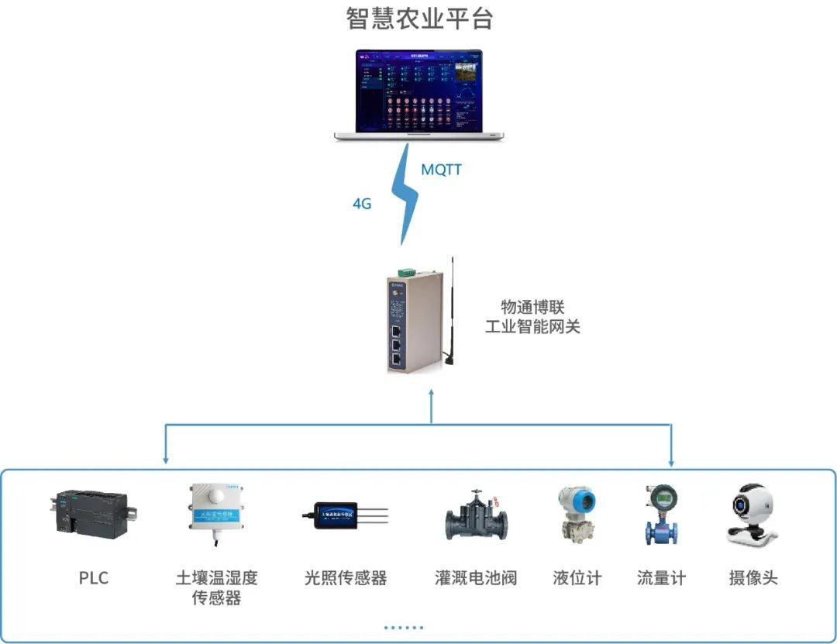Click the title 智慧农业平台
pos(419,18)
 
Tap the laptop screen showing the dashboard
pos(418,91)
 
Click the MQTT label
pos(441,169)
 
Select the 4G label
pos(362,204)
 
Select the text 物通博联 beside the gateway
pos(532,307)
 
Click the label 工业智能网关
pos(532,326)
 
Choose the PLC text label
pos(93,578)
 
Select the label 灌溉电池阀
pos(476,578)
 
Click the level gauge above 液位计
pos(577,512)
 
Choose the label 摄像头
pos(753,578)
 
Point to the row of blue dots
pos(404,627)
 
